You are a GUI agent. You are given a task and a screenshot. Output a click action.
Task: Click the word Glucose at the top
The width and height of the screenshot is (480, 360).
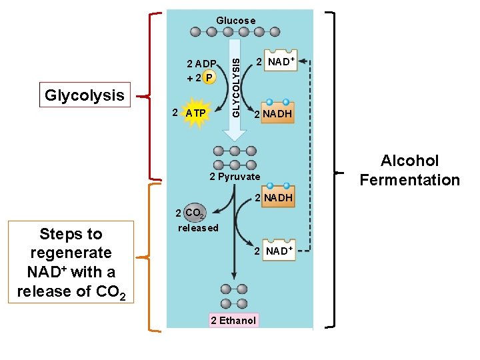tap(235, 21)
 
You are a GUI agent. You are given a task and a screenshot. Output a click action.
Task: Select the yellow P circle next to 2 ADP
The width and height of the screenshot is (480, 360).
tap(209, 77)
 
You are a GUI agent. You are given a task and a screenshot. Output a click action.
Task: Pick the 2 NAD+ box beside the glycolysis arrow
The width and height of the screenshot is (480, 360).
tap(280, 61)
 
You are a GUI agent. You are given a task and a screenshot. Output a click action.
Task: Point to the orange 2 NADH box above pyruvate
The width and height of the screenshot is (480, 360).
tap(276, 113)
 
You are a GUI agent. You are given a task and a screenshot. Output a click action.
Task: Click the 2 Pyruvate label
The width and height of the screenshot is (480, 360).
tap(235, 177)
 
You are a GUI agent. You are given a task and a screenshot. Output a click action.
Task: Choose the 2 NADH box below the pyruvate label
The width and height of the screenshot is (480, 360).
tap(276, 197)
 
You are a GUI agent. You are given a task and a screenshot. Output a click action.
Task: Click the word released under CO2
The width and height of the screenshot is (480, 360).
tap(198, 228)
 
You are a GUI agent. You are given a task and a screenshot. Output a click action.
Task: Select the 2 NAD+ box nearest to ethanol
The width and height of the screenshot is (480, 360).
tap(277, 251)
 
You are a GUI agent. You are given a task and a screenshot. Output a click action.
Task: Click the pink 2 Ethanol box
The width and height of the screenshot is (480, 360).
tap(233, 321)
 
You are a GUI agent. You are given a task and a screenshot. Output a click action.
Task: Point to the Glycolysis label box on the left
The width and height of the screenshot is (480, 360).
tap(85, 95)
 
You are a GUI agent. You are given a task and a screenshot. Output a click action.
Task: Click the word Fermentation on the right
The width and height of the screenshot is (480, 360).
tap(409, 180)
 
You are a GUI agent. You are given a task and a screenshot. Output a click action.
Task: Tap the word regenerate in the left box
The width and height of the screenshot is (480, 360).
tap(71, 253)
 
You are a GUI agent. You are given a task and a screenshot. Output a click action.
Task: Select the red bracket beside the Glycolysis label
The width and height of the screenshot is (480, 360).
tap(153, 97)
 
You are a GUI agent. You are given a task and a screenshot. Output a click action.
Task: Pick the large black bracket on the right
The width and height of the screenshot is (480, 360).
tap(333, 170)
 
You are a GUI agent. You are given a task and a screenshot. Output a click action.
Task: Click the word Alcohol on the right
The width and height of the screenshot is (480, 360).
tap(409, 161)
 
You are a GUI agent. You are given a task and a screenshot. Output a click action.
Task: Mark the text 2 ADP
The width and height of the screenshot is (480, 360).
tap(201, 64)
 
